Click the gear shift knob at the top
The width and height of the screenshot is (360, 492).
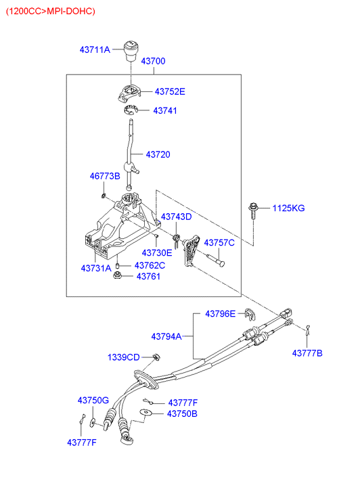tap(131, 51)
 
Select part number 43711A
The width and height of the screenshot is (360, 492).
tap(95, 49)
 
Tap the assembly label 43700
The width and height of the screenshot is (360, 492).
tap(153, 61)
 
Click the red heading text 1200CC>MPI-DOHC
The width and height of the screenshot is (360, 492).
tap(51, 12)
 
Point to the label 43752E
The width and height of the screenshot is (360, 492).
tap(170, 91)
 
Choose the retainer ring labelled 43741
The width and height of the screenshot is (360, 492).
tap(130, 110)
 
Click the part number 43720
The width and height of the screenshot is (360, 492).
tap(158, 154)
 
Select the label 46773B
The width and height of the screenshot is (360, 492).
tap(105, 176)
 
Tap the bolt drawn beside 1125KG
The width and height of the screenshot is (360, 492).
tap(253, 211)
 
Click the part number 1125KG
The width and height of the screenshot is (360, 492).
tap(288, 208)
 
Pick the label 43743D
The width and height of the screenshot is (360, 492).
tap(176, 217)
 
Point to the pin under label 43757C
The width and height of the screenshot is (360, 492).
tap(215, 259)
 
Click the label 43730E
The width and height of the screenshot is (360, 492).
tap(157, 252)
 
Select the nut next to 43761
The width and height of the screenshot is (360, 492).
tap(118, 276)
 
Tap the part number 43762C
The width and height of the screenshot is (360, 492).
tap(150, 265)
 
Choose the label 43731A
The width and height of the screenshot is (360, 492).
tap(96, 268)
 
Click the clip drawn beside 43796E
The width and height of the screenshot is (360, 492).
tap(250, 314)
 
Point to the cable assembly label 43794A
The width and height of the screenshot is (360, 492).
tap(166, 336)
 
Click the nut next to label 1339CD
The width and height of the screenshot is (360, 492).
tap(156, 357)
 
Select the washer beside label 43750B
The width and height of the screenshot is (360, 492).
tap(146, 413)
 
